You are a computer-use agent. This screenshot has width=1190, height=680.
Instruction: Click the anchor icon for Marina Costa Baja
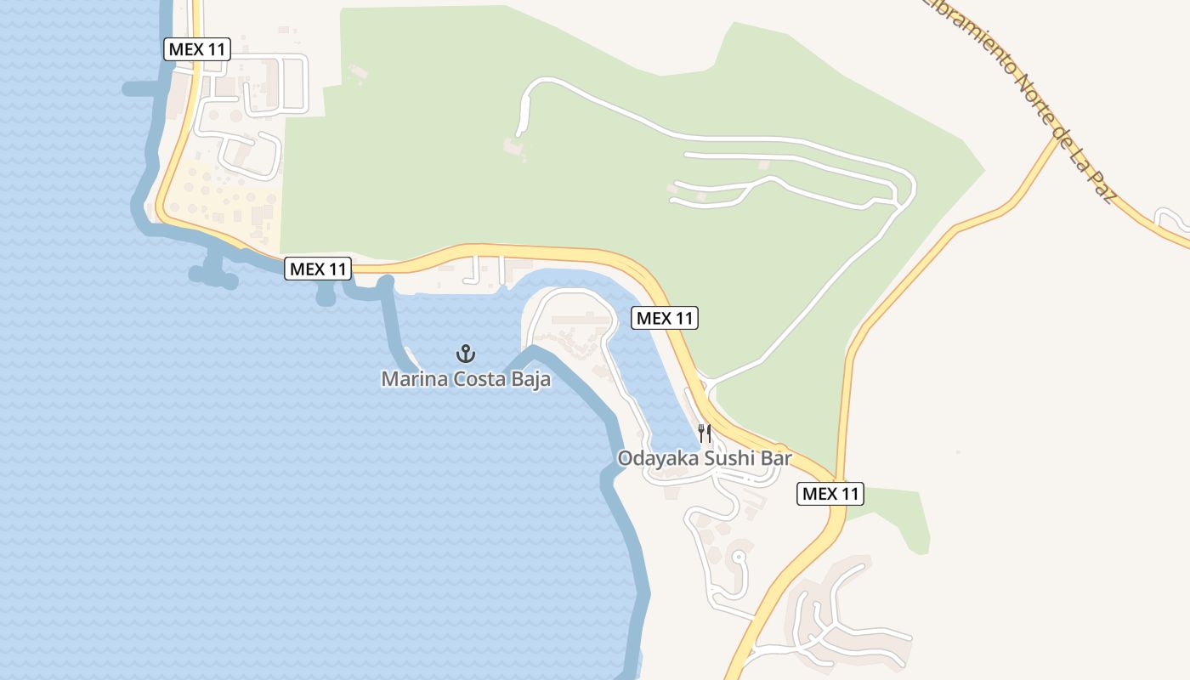pyautogui.click(x=465, y=354)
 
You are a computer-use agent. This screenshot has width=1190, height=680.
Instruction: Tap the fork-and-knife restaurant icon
pyautogui.click(x=705, y=433)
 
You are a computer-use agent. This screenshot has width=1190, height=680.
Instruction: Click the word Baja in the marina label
pyautogui.click(x=532, y=379)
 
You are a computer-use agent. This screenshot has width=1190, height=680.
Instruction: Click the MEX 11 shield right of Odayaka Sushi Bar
pyautogui.click(x=830, y=493)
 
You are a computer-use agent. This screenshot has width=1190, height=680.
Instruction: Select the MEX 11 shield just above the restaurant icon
pyautogui.click(x=665, y=319)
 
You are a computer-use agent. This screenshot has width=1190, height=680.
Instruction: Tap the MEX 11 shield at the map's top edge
pyautogui.click(x=197, y=49)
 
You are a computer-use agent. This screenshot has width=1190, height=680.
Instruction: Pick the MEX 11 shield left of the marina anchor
pyautogui.click(x=318, y=269)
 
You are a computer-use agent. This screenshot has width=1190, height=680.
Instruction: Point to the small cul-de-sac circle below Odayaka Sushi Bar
pyautogui.click(x=738, y=558)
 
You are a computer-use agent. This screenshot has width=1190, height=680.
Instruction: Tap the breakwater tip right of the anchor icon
pyautogui.click(x=532, y=349)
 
